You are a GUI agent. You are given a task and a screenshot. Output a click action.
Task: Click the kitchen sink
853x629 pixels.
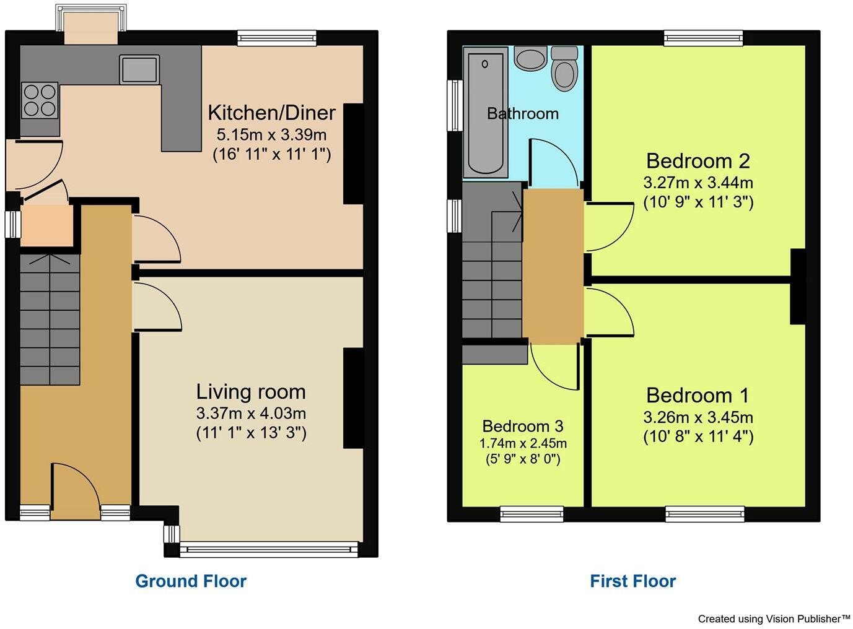(x=139, y=69)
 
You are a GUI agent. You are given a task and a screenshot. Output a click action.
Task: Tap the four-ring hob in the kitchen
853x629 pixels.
(x=40, y=100)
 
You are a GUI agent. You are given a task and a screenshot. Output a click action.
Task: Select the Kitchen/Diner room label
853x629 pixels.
(x=271, y=113)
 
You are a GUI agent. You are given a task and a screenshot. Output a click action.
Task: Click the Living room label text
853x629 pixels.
(x=251, y=392)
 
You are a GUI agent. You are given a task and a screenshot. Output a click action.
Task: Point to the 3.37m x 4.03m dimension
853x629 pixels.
(x=251, y=413)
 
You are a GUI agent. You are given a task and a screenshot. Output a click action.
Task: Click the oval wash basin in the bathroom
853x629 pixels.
(x=530, y=59)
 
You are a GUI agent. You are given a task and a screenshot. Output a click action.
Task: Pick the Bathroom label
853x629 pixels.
(x=523, y=114)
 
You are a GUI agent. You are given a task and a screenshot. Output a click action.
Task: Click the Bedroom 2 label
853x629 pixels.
(x=698, y=161)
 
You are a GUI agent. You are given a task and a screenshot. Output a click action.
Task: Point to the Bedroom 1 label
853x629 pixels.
(x=698, y=395)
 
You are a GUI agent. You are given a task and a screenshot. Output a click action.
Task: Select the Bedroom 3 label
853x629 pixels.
(x=523, y=426)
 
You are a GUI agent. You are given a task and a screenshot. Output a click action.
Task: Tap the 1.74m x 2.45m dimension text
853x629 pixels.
(x=523, y=443)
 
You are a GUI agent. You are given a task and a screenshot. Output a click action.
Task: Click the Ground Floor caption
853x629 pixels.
(x=191, y=581)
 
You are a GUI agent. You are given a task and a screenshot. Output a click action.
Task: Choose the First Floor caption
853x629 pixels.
(x=632, y=581)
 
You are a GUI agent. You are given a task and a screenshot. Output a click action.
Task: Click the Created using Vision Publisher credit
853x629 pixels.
(x=774, y=618)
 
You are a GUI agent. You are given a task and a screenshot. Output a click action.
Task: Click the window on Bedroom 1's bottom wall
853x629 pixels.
(x=704, y=513)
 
